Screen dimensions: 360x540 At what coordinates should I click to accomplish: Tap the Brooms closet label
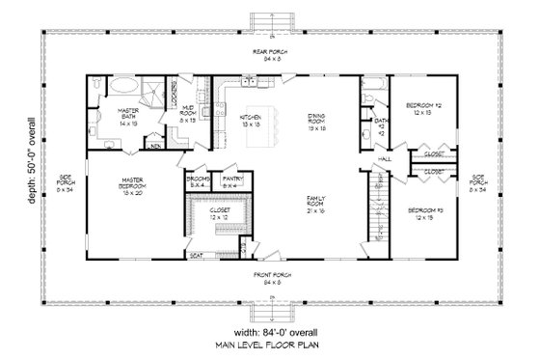click(x=197, y=180)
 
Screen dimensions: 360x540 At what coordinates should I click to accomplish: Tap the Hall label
click(x=384, y=158)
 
